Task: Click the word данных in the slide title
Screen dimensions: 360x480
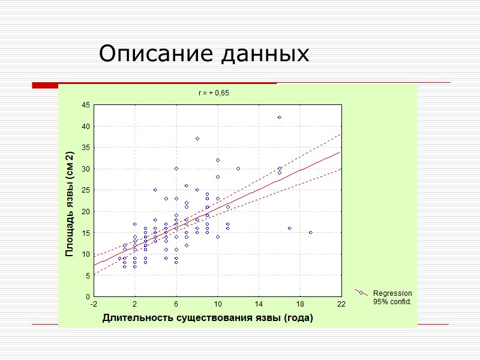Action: point(265,55)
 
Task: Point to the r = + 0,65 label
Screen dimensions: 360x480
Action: point(214,93)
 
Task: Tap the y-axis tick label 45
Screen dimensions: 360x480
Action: point(85,105)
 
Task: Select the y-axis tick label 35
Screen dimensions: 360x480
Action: point(85,148)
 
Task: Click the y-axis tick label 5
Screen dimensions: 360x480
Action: point(88,275)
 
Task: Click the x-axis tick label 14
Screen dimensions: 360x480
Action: point(259,305)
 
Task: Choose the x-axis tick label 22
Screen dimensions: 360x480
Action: point(341,305)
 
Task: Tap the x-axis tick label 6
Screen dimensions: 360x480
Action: point(176,305)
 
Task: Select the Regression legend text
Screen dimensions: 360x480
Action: point(392,293)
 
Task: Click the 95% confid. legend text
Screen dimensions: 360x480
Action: point(392,301)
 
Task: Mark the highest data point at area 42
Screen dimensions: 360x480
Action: point(280,117)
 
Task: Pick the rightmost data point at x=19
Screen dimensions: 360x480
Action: point(310,232)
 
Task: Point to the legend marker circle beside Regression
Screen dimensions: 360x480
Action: point(361,293)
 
